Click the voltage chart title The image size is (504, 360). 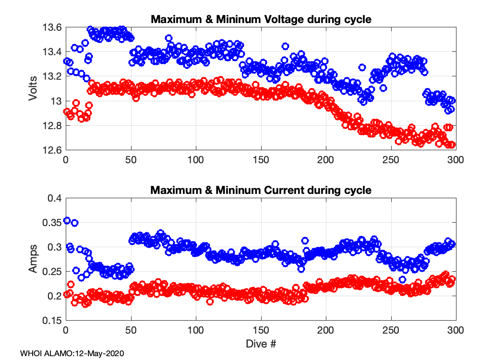click(x=261, y=20)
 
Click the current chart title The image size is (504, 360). click(x=261, y=190)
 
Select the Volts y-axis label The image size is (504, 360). click(x=33, y=89)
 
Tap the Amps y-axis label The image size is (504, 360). click(x=33, y=260)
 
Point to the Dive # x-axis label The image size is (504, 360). click(x=261, y=344)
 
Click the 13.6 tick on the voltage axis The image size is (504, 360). click(x=52, y=28)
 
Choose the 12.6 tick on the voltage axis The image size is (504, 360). click(x=52, y=150)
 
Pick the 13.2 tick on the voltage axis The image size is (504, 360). click(x=52, y=77)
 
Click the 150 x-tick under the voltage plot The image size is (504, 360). click(x=261, y=160)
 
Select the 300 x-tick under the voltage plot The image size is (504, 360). click(x=456, y=160)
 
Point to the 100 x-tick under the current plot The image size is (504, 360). click(x=196, y=331)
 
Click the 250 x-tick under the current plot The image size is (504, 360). click(x=391, y=331)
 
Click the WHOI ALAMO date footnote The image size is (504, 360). click(x=72, y=353)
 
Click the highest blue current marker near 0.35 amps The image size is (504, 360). click(x=67, y=221)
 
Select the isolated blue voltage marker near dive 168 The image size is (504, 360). click(x=285, y=47)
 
